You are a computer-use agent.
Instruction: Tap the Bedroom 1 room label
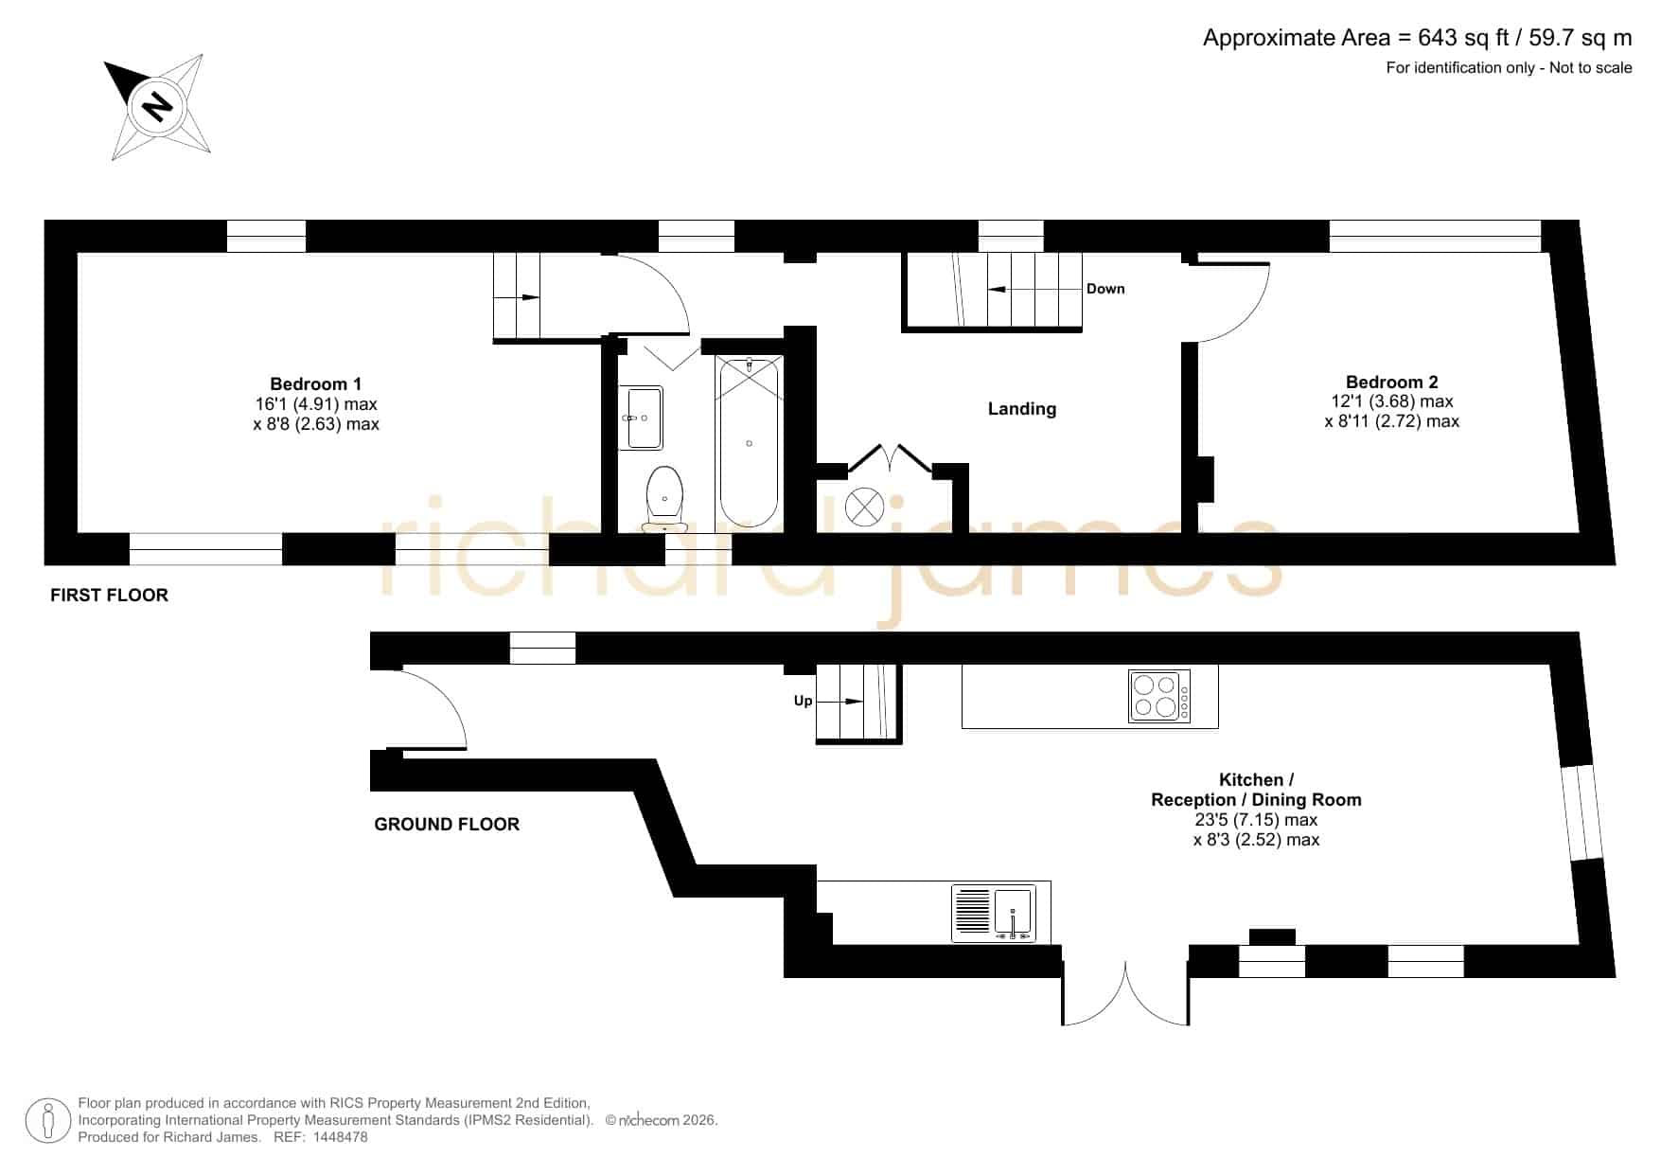[x=316, y=383]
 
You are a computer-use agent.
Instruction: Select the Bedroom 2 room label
[x=1391, y=382]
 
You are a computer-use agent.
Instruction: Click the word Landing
[x=1022, y=408]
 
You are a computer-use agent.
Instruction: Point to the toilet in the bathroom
[x=664, y=499]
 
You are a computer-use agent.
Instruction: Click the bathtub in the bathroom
[x=749, y=442]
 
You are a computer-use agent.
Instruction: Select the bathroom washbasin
[x=642, y=417]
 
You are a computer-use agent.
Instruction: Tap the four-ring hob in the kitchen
[x=1159, y=696]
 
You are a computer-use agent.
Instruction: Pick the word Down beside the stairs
[x=1105, y=289]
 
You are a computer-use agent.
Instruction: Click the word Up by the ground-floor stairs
[x=803, y=701]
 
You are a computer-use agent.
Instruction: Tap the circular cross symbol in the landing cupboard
[x=864, y=507]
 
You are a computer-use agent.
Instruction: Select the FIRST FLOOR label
[x=109, y=595]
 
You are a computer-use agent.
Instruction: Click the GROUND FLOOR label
[x=447, y=824]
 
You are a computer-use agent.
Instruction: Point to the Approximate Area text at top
[x=1417, y=38]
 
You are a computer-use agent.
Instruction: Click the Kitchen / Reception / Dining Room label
[x=1256, y=790]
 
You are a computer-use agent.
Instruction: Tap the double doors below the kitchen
[x=1125, y=994]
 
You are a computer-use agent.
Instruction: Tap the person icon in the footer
[x=48, y=1121]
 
